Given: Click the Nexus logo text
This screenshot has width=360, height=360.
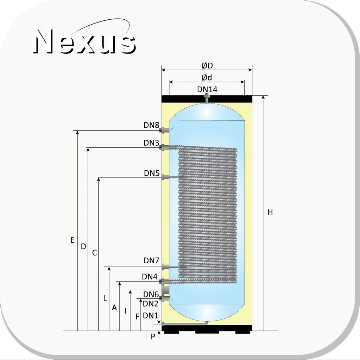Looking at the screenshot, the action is click(84, 41).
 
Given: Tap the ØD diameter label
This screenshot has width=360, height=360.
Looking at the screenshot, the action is click(207, 66).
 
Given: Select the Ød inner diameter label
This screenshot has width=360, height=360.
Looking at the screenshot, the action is click(207, 78).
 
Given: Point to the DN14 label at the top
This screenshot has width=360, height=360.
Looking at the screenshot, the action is click(207, 89).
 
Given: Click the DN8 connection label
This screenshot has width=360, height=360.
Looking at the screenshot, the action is click(151, 125).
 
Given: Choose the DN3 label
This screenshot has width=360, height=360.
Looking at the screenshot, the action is click(151, 143).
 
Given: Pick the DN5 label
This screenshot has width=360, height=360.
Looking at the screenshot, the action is click(152, 173).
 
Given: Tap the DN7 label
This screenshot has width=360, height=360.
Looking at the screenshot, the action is click(151, 260).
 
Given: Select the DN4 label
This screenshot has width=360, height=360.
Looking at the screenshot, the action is click(150, 277).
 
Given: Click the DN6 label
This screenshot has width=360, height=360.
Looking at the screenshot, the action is click(151, 294).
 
